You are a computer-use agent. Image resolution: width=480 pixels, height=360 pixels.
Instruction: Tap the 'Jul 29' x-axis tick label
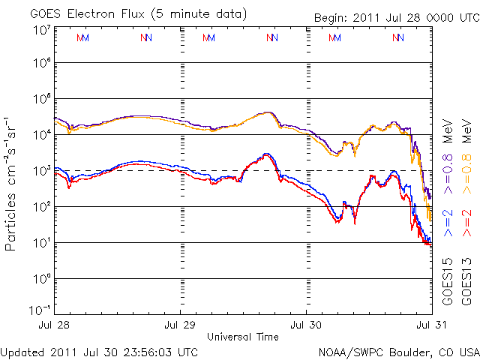point(180,325)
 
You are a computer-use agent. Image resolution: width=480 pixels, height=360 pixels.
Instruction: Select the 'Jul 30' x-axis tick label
point(307,325)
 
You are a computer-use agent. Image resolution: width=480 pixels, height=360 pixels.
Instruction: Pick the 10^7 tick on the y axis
point(41,29)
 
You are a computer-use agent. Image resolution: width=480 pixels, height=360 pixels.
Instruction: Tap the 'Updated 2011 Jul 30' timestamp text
point(100,351)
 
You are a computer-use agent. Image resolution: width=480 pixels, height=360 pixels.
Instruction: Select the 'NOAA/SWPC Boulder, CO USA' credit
point(398,351)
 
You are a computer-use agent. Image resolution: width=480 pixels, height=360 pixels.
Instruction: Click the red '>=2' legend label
point(466,223)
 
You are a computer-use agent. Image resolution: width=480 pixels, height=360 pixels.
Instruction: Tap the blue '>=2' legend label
point(448,223)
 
